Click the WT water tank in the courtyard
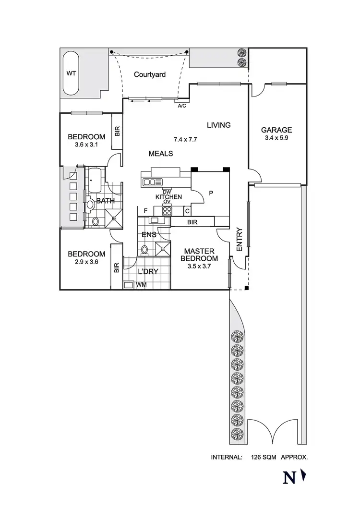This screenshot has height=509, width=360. point(71,74)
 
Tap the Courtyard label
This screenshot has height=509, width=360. point(149,74)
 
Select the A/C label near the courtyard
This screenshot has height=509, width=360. point(182,106)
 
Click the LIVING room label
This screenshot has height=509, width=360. point(218,125)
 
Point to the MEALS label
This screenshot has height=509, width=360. point(160,154)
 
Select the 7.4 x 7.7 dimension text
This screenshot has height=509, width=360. point(186,140)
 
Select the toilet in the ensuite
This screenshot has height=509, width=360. point(144,250)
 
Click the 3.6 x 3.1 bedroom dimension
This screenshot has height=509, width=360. point(86,145)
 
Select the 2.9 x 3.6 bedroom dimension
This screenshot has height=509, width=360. point(86,262)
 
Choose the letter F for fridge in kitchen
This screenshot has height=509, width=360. point(145,210)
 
